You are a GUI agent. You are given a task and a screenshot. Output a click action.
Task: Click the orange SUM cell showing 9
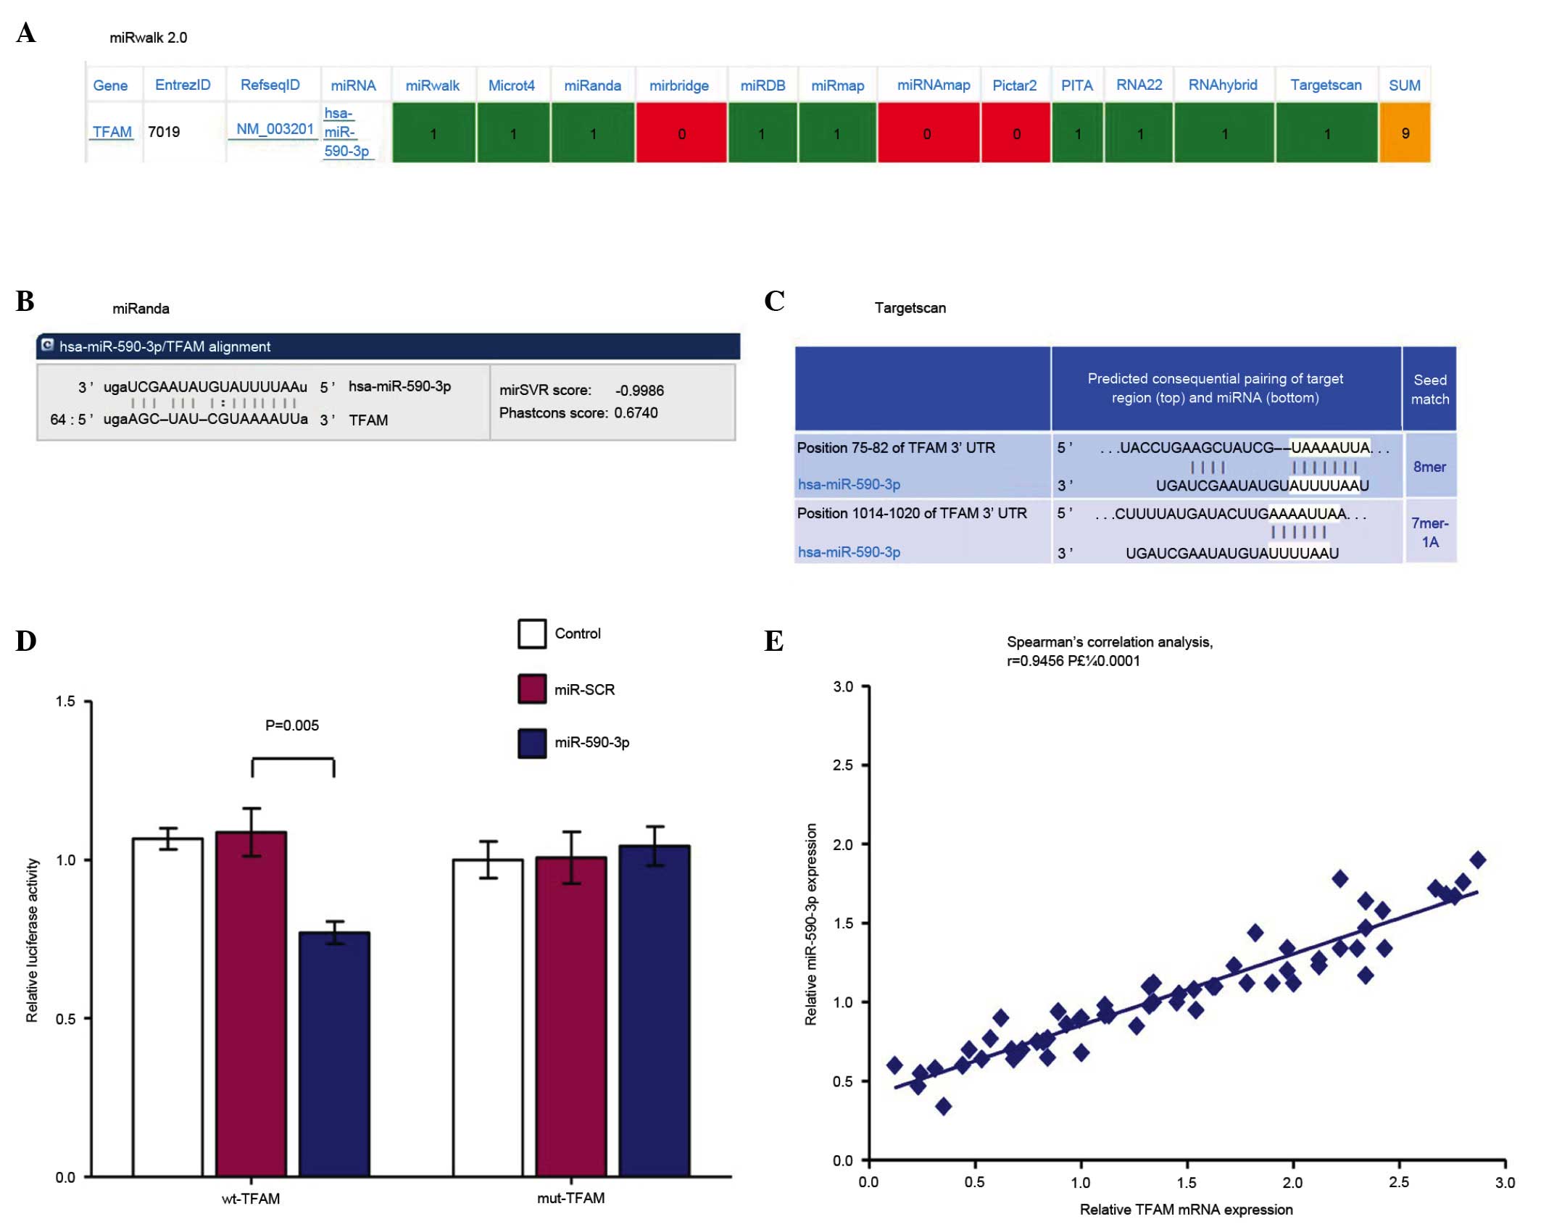tap(1404, 133)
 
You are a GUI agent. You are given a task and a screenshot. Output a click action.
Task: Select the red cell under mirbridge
tap(681, 133)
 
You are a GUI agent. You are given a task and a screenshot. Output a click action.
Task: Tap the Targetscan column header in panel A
tap(1325, 85)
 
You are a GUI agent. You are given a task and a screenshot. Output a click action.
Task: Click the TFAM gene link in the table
tap(112, 132)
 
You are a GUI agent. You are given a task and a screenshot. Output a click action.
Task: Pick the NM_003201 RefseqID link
tap(274, 129)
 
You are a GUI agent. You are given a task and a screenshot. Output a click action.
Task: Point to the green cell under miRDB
tap(763, 133)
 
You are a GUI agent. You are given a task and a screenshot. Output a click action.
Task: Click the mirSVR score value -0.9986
tap(639, 391)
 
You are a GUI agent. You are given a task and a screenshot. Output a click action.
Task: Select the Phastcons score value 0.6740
tap(636, 413)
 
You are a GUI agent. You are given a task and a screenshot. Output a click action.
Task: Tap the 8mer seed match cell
tap(1429, 467)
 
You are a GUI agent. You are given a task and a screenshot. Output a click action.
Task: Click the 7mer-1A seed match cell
tap(1429, 532)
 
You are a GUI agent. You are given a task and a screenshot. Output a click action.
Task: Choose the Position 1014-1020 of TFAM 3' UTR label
tap(912, 513)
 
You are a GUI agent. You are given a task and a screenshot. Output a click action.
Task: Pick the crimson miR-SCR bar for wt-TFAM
tap(251, 1003)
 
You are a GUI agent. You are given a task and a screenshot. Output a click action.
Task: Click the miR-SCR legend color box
tap(531, 689)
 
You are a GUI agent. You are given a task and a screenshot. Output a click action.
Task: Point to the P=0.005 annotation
tap(292, 725)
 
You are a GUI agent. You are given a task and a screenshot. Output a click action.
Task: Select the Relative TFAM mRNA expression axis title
tap(1186, 1210)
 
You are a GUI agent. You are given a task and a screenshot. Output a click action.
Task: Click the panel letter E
tap(773, 641)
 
